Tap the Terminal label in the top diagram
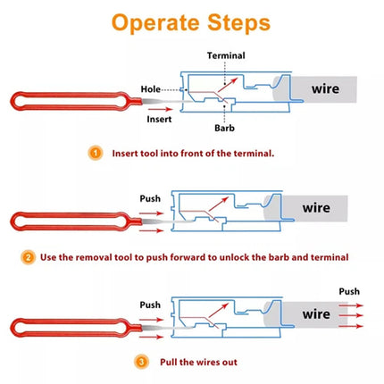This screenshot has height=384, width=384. coord(226,55)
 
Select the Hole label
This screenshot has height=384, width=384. coord(151,89)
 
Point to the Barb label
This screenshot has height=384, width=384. coord(227,128)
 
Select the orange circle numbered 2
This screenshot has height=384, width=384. coord(29,257)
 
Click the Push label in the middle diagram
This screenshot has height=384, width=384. coord(150,197)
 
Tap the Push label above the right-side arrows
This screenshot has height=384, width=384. coord(349,291)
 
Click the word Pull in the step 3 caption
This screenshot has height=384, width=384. coord(172,362)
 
